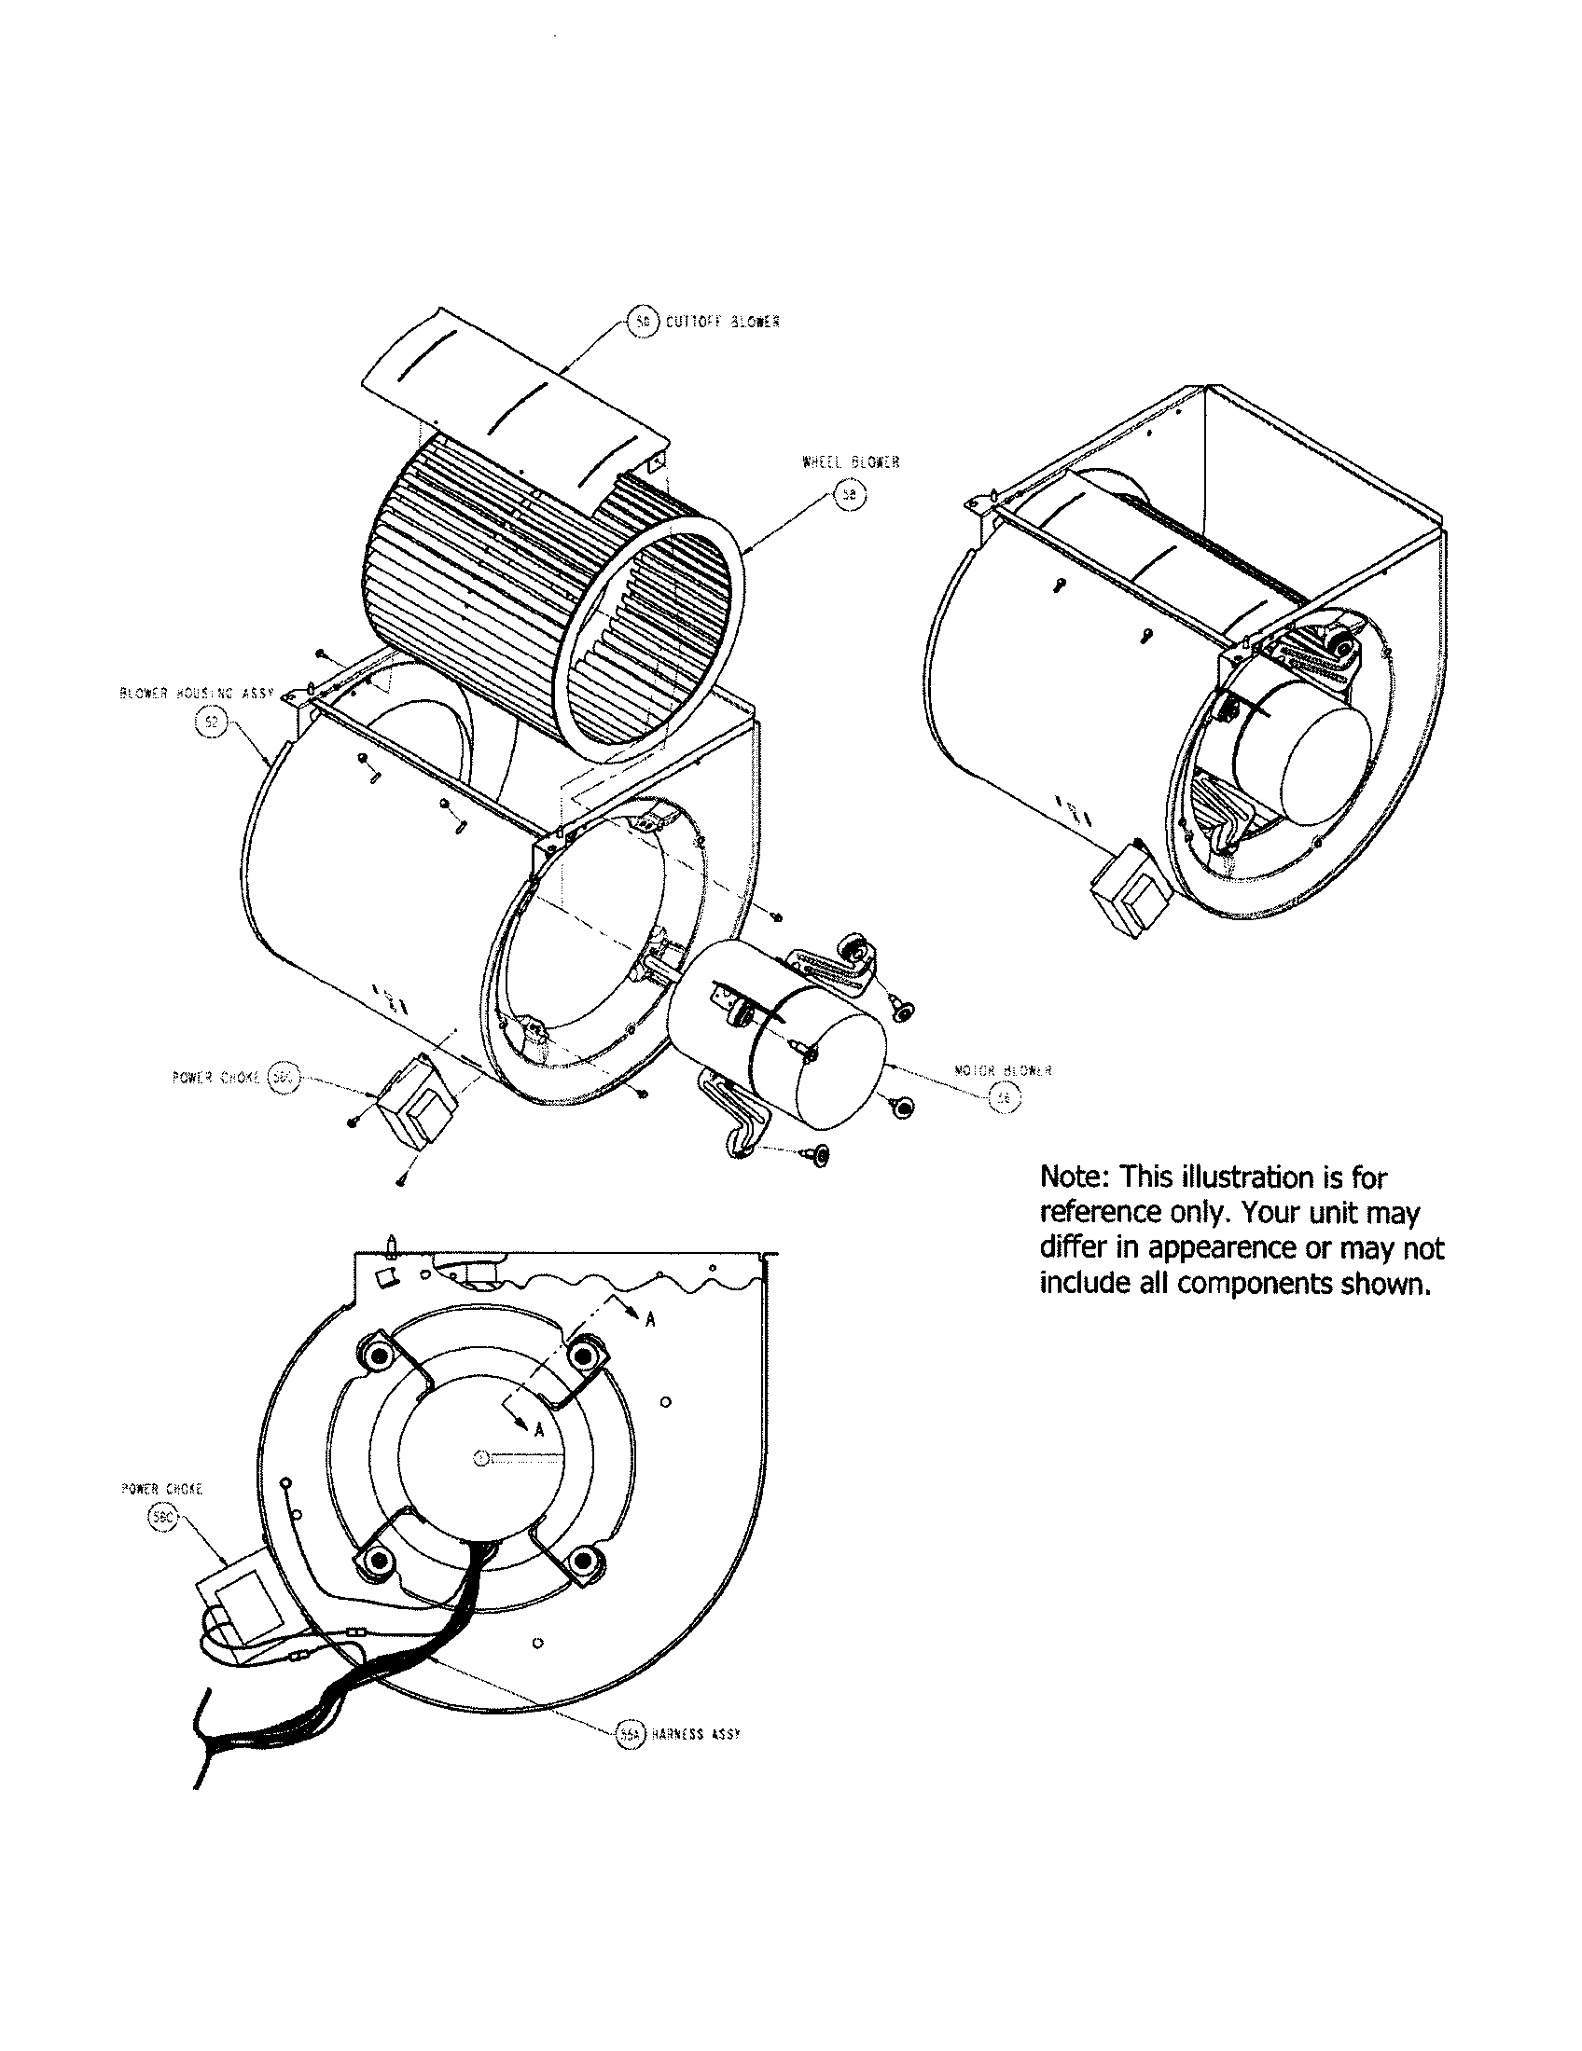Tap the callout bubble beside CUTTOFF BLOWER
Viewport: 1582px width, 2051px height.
tap(642, 323)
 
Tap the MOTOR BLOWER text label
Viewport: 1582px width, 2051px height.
tap(1003, 1069)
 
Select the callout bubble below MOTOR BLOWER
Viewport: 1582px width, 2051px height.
tap(1004, 1098)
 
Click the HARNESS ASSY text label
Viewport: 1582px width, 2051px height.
tap(695, 1735)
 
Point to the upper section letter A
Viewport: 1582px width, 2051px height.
tap(650, 1319)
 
